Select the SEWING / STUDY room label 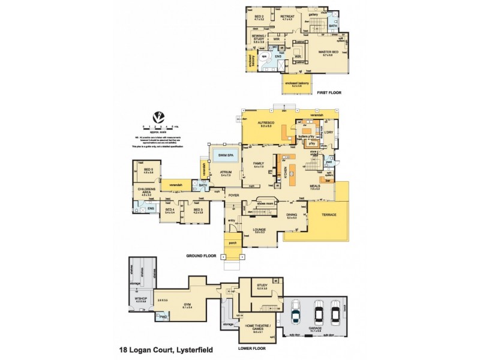pos(260,39)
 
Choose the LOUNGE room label pos(260,230)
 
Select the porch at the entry pos(232,243)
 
